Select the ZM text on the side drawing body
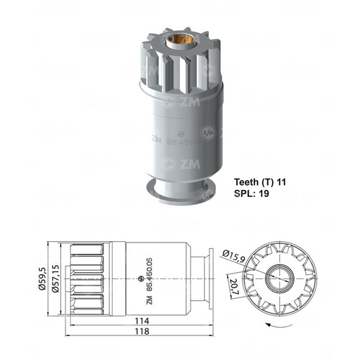point(149,298)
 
